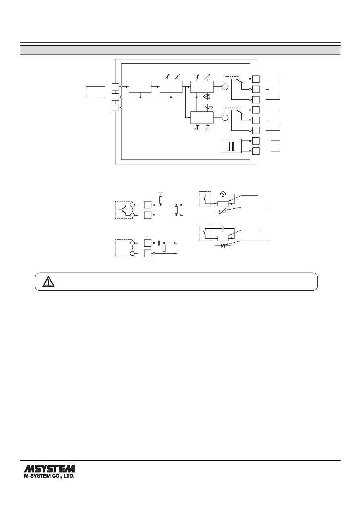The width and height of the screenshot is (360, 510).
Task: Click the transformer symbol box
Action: point(231,146)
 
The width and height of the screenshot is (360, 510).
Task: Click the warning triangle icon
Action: point(48,281)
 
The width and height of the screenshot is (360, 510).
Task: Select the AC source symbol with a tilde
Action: point(222,194)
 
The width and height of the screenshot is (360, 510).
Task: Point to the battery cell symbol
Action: point(222,228)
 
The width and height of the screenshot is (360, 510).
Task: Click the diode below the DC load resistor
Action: point(223,246)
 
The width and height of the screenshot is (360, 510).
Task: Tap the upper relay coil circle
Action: point(225,87)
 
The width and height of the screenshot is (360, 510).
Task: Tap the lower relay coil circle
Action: point(225,118)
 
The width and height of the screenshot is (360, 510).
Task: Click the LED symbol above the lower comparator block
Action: point(208,107)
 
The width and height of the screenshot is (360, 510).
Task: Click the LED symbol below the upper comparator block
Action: point(206,97)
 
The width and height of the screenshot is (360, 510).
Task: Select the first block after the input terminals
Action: point(140,87)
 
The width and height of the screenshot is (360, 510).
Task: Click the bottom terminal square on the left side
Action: point(115,107)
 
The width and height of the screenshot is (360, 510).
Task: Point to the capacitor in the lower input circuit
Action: point(159,243)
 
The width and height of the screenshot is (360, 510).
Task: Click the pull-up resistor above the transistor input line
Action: point(161,200)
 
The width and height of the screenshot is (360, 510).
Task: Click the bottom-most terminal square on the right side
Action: point(256,151)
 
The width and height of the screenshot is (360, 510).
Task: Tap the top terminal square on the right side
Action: point(256,79)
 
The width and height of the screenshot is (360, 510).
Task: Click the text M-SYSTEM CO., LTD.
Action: point(49,476)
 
